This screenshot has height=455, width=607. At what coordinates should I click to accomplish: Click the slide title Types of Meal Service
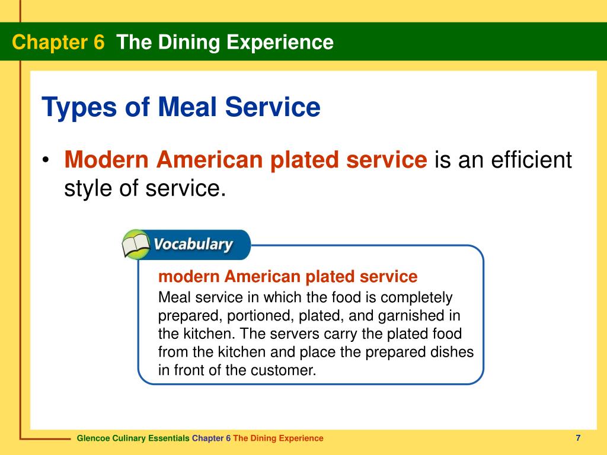181,108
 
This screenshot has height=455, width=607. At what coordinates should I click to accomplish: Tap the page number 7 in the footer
577,438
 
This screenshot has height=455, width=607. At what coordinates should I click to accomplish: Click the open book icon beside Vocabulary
136,245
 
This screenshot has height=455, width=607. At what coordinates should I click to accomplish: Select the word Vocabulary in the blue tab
193,245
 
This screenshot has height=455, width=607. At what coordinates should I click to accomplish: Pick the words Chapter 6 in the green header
58,42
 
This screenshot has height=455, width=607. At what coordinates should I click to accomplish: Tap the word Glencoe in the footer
93,438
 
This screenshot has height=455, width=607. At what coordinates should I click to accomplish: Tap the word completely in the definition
417,297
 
